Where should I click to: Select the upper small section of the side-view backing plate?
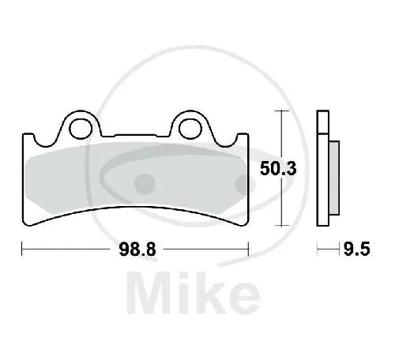(x=322, y=122)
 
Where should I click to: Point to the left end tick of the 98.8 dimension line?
(x=21, y=250)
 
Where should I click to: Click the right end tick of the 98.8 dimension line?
(x=248, y=250)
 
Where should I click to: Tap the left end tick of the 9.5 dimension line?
(x=318, y=250)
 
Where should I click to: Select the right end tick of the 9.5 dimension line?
(x=337, y=250)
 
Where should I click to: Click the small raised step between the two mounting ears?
(x=134, y=133)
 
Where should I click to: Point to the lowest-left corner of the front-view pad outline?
(x=32, y=223)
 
